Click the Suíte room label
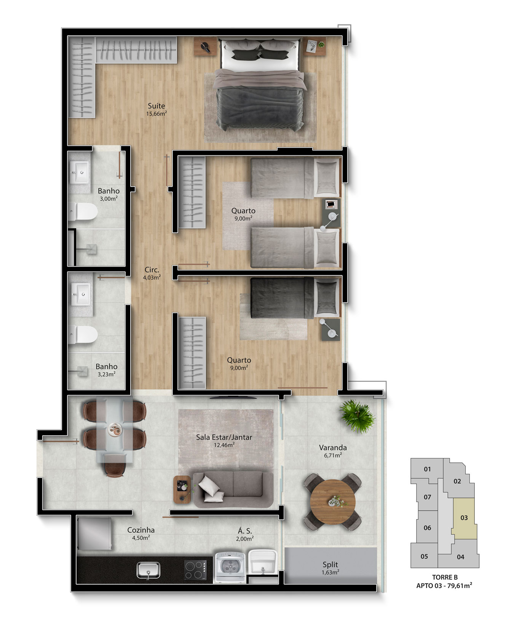point(156,106)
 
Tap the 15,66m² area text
point(156,114)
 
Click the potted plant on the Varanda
point(357,416)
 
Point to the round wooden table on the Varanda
point(333,502)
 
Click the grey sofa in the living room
point(233,489)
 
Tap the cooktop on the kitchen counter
point(196,570)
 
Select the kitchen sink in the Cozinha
point(149,570)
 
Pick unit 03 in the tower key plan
point(464,518)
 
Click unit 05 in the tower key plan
point(424,556)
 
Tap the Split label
point(330,564)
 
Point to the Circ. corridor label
point(152,270)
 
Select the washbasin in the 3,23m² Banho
point(81,294)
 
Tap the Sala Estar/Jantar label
point(224,437)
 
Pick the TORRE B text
point(445,577)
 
